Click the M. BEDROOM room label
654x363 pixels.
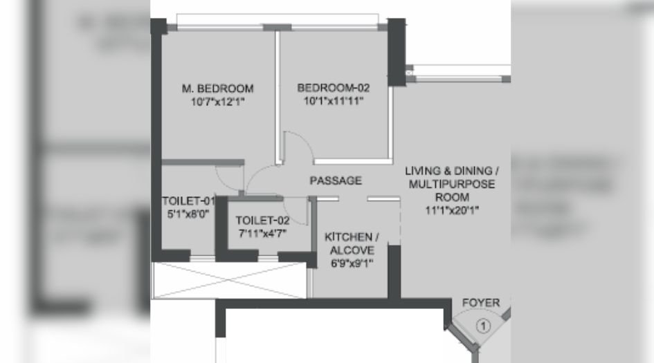[x=217, y=89]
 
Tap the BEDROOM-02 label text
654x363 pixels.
[x=334, y=88]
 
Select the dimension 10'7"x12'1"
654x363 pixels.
[x=217, y=101]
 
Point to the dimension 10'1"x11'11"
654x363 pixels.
[x=334, y=100]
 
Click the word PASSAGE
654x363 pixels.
[x=336, y=181]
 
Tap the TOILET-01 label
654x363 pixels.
[x=188, y=201]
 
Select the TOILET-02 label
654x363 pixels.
[x=262, y=221]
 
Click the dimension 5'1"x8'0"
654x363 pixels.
[x=188, y=214]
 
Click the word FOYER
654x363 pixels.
[x=481, y=303]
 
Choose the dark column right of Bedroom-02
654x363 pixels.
[x=397, y=53]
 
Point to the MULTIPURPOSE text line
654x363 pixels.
[x=453, y=185]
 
